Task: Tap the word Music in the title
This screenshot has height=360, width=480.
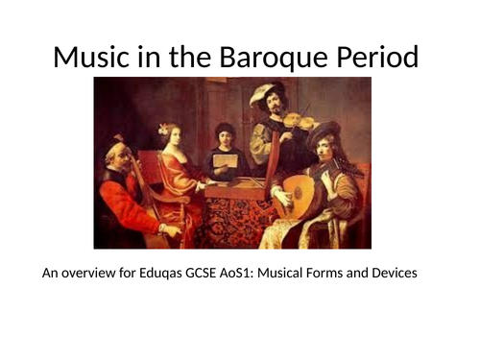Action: tap(89, 57)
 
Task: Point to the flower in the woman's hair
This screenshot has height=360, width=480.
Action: tap(163, 129)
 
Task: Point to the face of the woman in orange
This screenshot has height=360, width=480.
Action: tap(174, 140)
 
